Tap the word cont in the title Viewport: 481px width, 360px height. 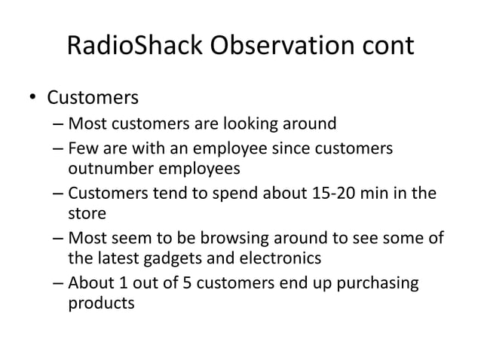pyautogui.click(x=384, y=46)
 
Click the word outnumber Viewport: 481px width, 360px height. pyautogui.click(x=111, y=167)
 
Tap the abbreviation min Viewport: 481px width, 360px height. pyautogui.click(x=384, y=193)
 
